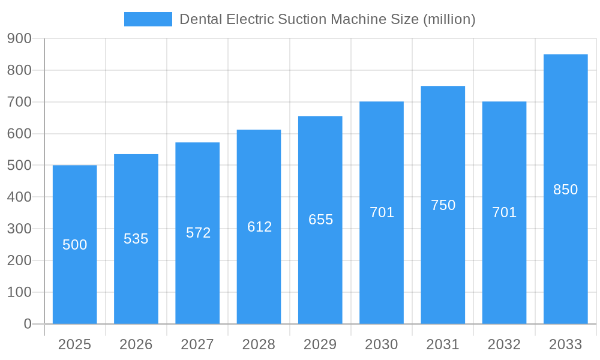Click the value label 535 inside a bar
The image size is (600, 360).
tap(136, 239)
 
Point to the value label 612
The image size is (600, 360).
tap(260, 227)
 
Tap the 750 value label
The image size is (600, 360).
tap(443, 205)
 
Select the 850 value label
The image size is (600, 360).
tap(565, 190)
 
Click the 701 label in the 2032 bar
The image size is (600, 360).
tap(504, 212)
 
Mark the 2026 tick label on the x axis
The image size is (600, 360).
tap(136, 344)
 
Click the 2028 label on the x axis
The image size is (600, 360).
tap(259, 344)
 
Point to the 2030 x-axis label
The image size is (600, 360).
tap(382, 344)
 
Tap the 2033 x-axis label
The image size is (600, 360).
tap(566, 344)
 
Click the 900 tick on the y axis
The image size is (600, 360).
tap(19, 38)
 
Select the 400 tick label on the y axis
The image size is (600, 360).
tap(19, 197)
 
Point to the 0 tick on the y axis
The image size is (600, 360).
tap(28, 324)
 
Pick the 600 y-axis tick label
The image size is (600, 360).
tap(19, 134)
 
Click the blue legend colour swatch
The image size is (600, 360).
tap(148, 19)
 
